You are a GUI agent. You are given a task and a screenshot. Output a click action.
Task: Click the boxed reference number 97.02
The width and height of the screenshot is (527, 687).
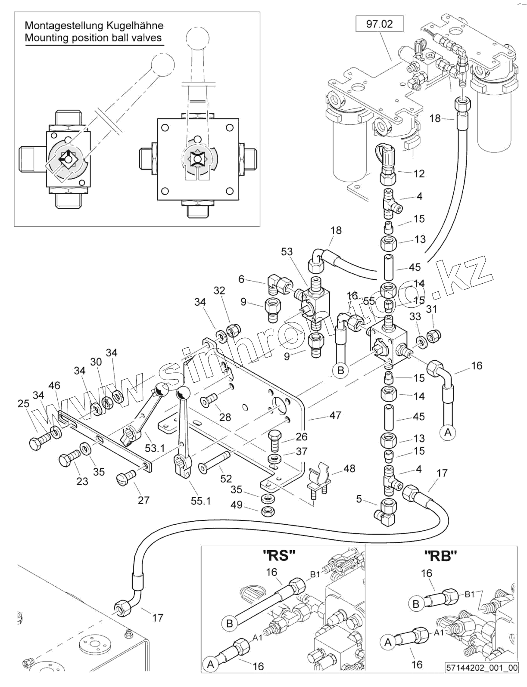[x=379, y=24]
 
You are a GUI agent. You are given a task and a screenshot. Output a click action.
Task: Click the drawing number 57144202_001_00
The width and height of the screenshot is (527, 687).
[x=482, y=680]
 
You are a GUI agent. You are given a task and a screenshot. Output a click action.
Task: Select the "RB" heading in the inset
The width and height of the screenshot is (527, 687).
[x=440, y=557]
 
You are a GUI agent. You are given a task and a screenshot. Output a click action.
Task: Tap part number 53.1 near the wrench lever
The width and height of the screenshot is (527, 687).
[x=155, y=448]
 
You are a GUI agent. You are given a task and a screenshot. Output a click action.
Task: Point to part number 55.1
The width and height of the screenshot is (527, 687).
[x=201, y=501]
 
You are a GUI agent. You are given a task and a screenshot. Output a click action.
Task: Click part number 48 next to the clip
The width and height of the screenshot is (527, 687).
[x=349, y=468]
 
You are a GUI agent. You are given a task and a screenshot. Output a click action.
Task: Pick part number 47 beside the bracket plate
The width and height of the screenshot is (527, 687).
[x=335, y=415]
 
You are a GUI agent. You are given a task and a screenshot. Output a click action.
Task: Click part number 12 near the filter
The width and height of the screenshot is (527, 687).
[x=419, y=173]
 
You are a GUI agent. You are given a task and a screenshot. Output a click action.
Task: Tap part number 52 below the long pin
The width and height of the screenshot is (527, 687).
[x=226, y=479]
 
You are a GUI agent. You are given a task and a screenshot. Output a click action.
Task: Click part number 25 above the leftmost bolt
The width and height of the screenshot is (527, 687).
[x=23, y=404]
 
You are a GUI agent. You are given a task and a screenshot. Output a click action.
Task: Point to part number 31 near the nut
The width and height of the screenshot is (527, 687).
[x=431, y=309]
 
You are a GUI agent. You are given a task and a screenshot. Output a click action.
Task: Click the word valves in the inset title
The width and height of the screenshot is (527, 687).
[x=147, y=37]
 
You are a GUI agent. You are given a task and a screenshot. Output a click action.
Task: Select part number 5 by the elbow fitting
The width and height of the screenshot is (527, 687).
[x=359, y=499]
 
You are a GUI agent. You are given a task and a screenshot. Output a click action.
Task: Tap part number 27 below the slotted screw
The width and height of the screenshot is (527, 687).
[x=143, y=500]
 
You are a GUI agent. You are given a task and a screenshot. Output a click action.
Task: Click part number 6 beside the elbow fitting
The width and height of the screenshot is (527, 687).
[x=241, y=279]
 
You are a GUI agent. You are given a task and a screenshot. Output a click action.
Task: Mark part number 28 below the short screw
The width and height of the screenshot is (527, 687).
[x=225, y=417]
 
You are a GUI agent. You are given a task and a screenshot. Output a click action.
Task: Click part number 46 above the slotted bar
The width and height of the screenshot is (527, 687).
[x=55, y=385]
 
